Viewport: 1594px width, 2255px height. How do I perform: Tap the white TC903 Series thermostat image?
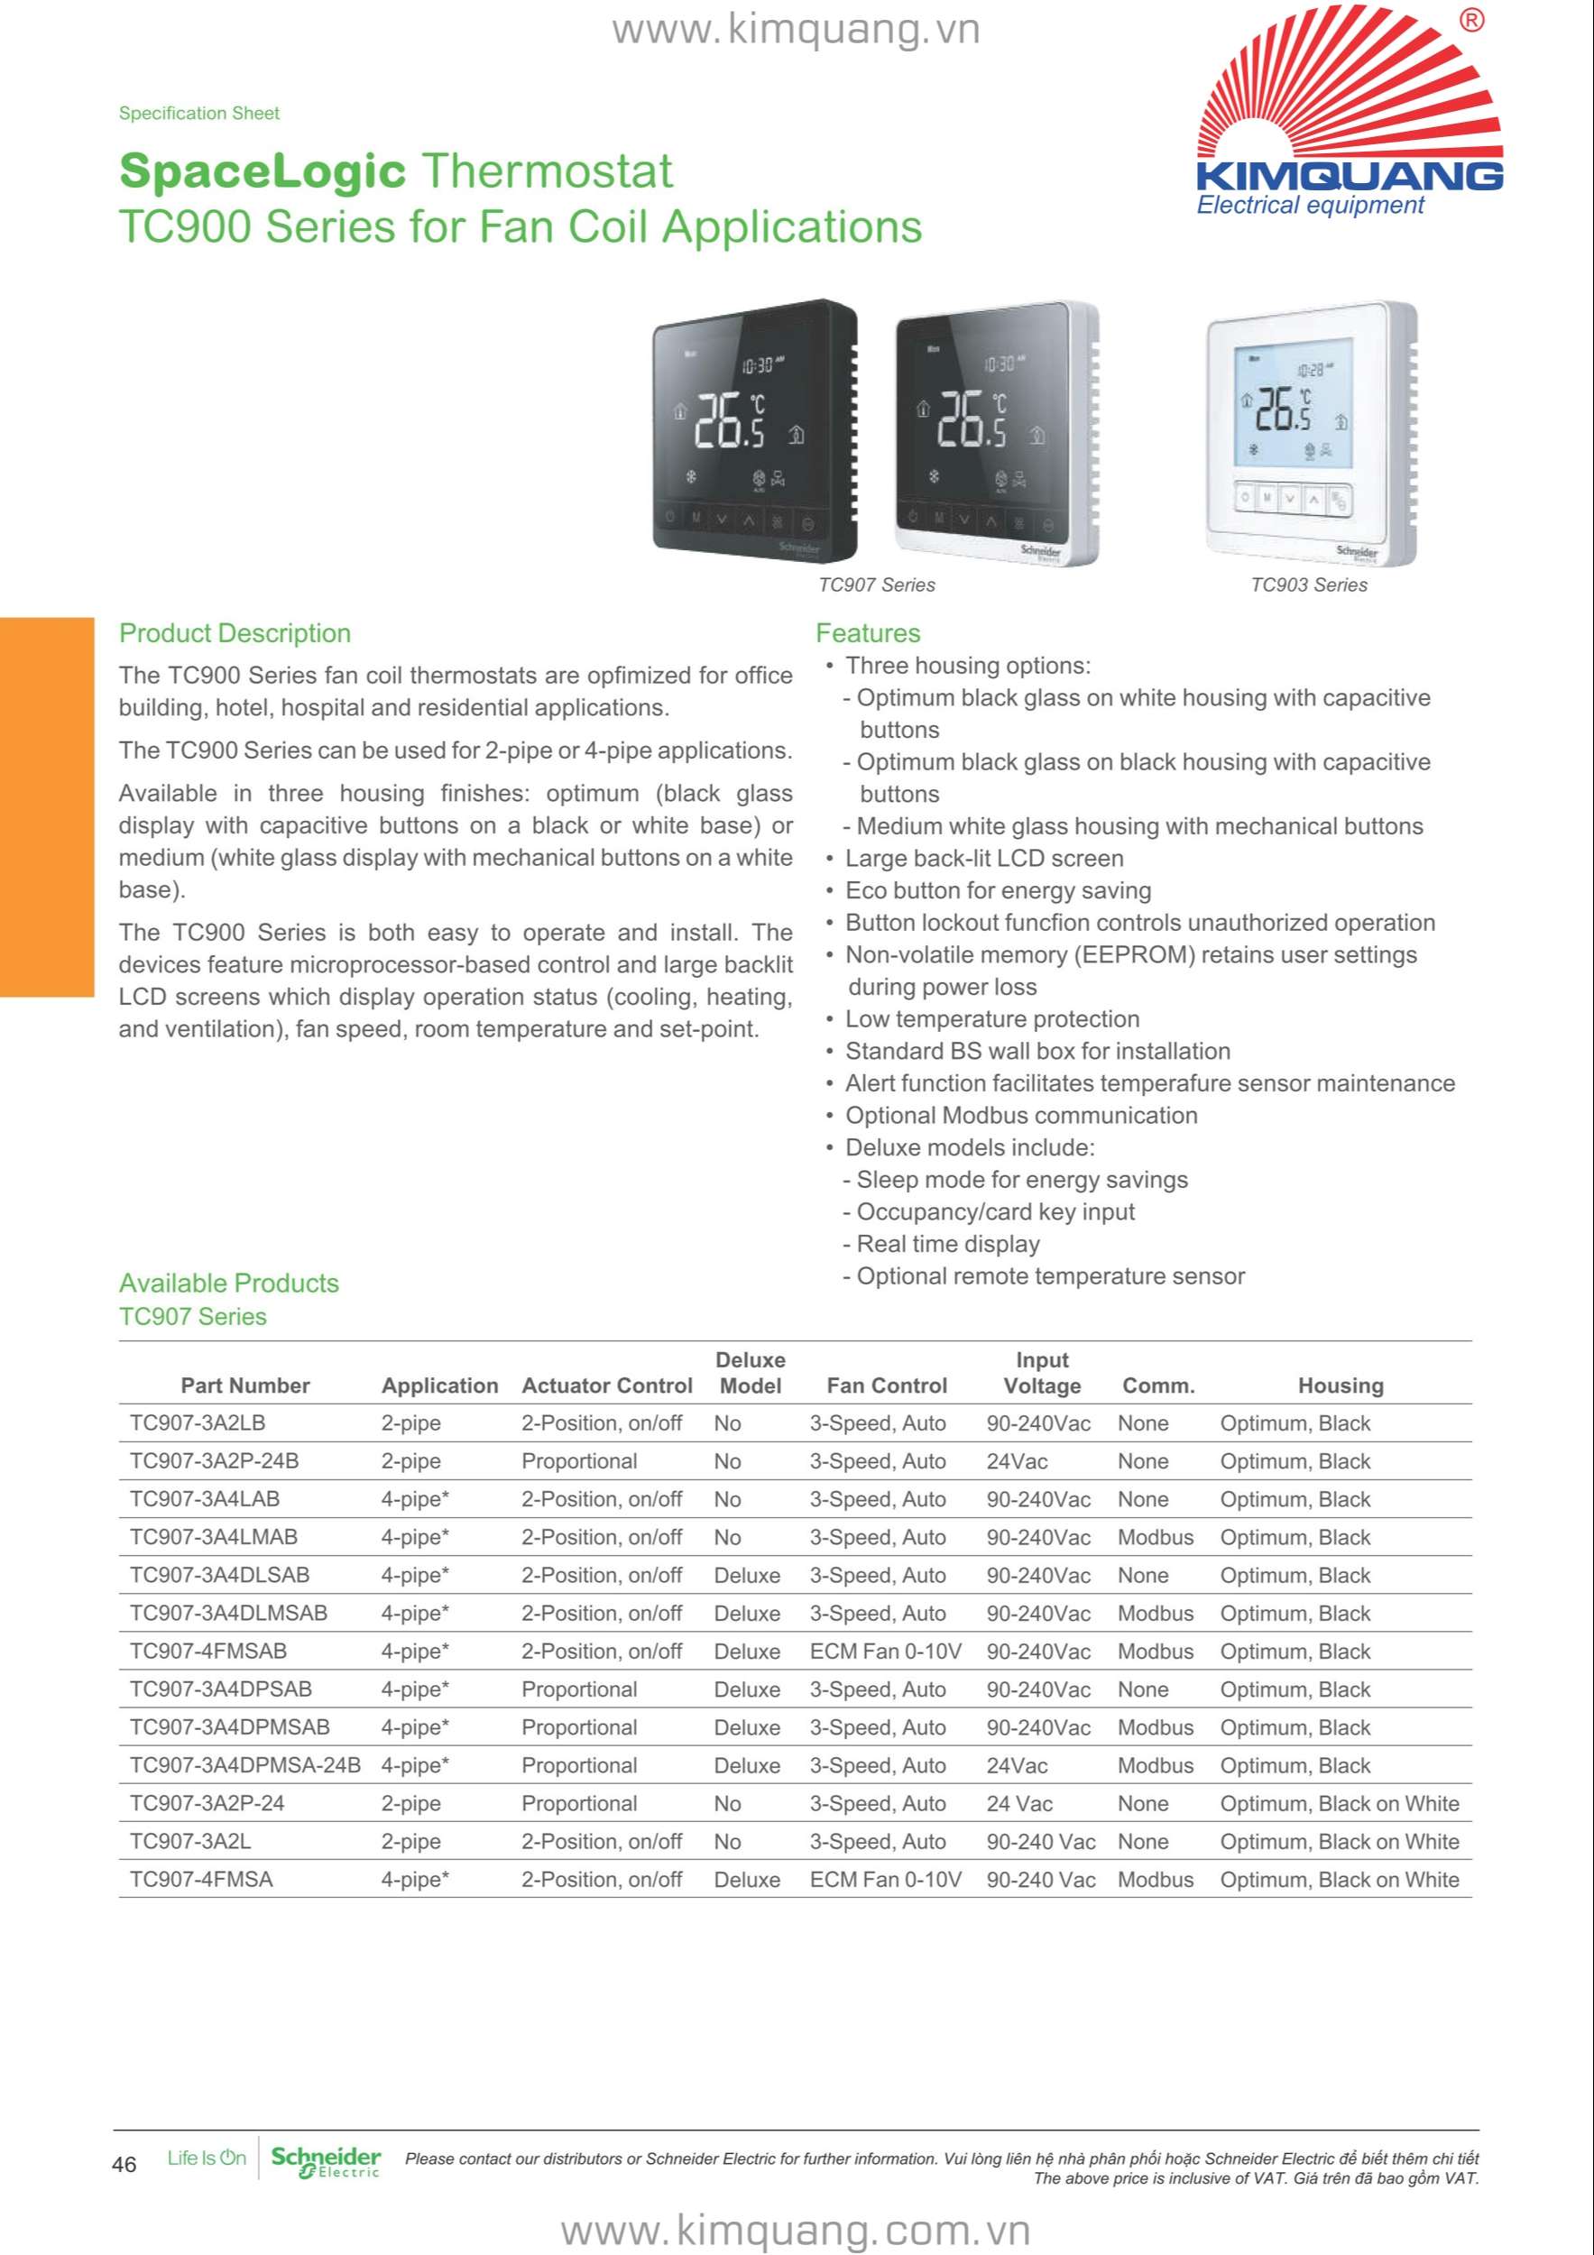coord(1310,432)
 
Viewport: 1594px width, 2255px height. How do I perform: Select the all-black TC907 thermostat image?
coord(754,429)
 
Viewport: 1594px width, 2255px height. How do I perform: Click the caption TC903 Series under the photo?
coord(1308,584)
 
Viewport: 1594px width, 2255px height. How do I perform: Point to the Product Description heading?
coord(235,633)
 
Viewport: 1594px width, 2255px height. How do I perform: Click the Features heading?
coord(867,633)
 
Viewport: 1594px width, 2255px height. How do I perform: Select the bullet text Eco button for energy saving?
coord(998,891)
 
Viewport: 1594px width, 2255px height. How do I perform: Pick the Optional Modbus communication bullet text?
coord(1021,1116)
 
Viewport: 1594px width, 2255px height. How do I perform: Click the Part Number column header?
coord(244,1385)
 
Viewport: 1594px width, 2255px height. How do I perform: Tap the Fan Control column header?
coord(887,1385)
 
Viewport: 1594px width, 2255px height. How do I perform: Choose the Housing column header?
coord(1341,1385)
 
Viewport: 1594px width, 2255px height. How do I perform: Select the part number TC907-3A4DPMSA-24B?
coord(244,1765)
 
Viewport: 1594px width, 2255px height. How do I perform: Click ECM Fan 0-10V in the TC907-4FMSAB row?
coord(885,1651)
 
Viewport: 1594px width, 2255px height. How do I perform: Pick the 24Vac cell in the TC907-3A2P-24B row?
coord(1017,1461)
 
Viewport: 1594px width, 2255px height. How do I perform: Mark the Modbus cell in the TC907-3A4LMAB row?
coord(1155,1537)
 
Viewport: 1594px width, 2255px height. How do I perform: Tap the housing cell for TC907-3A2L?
coord(1339,1842)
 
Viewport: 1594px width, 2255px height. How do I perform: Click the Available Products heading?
coord(229,1284)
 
